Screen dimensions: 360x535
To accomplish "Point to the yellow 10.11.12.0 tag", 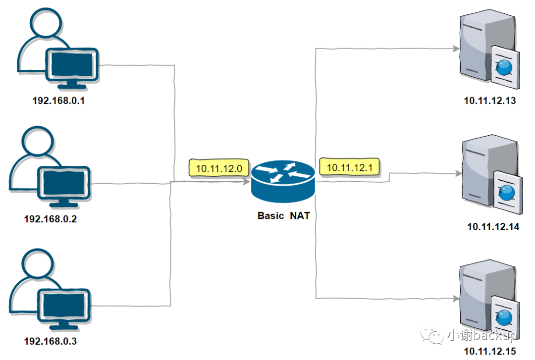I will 218,168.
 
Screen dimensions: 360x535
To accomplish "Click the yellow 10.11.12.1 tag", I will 350,167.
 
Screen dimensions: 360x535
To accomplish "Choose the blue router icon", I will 282,181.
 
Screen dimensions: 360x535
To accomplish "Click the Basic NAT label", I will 283,215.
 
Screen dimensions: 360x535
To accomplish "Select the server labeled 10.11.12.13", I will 488,50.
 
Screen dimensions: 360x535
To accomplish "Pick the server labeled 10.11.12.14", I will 490,176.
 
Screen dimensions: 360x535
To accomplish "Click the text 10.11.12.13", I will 489,101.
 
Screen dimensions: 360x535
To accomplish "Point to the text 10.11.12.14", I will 492,227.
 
